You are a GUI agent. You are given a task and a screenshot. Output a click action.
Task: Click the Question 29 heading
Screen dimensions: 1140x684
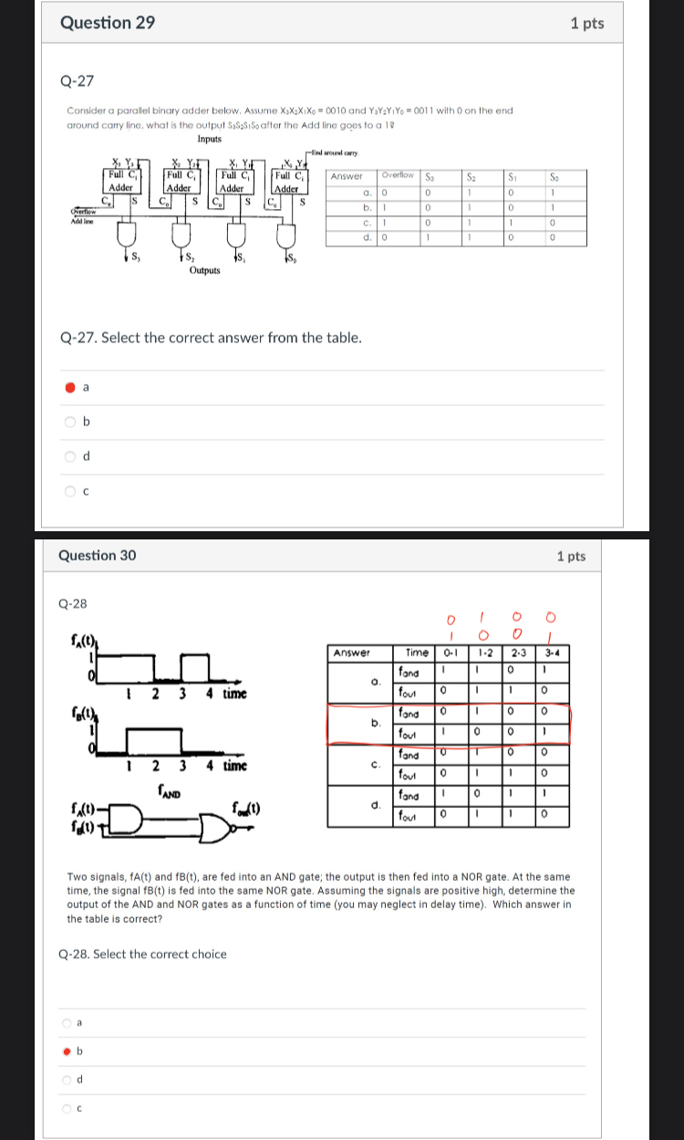coord(107,24)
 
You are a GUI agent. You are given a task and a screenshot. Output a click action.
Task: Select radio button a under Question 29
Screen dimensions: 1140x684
coord(70,387)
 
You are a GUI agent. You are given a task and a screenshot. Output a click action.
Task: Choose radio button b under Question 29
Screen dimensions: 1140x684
coord(70,422)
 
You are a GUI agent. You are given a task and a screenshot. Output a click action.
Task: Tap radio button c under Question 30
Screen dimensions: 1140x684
coord(67,1109)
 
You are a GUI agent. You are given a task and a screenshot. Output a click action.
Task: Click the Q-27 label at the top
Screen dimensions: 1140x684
coord(77,80)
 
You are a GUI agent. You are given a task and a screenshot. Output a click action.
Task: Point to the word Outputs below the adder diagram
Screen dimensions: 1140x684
coord(204,270)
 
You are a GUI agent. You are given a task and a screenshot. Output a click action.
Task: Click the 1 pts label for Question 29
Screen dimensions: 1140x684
coord(586,24)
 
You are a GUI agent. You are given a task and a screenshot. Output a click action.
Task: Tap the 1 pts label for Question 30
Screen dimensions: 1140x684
coord(571,556)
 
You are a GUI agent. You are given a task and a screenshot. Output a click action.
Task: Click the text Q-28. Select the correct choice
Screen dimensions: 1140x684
coord(142,954)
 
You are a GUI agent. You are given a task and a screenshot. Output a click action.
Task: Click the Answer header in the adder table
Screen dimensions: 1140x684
coord(347,175)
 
